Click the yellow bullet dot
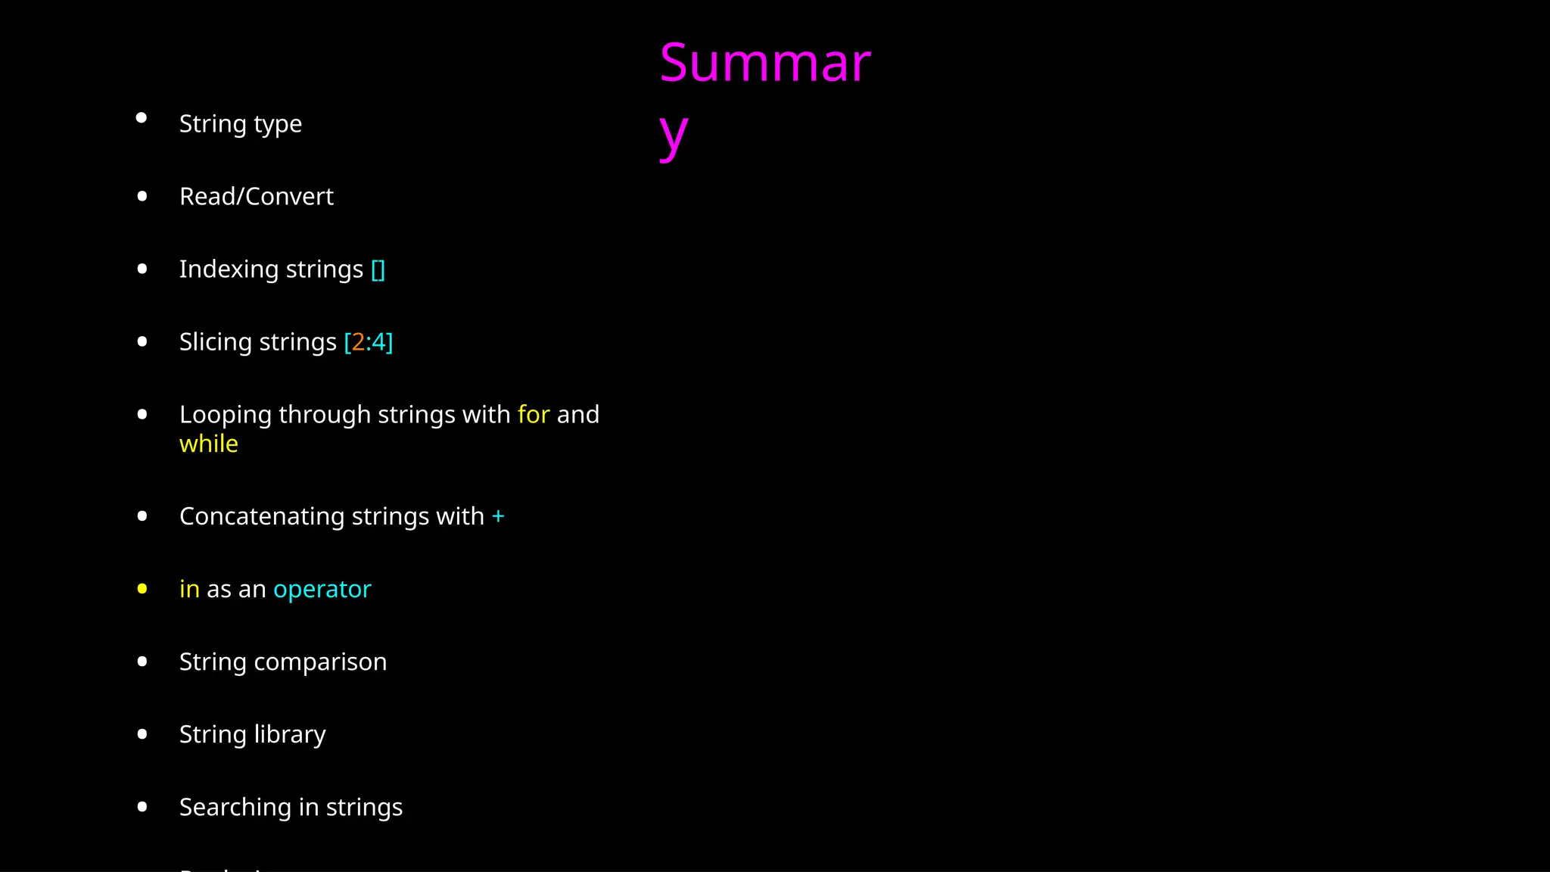(x=142, y=589)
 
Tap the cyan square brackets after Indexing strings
(x=378, y=269)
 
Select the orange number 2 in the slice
(x=358, y=342)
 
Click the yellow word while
(x=208, y=444)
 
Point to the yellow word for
(x=534, y=415)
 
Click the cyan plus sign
(x=498, y=516)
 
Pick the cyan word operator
(x=322, y=589)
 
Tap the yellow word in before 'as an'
(x=189, y=589)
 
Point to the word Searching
(x=235, y=808)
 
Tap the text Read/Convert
(x=257, y=197)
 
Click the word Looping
(x=226, y=416)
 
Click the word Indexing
(x=229, y=269)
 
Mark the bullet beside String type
(x=142, y=118)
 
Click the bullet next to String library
(x=142, y=734)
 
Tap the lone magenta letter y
(x=673, y=135)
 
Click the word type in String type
(x=277, y=124)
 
